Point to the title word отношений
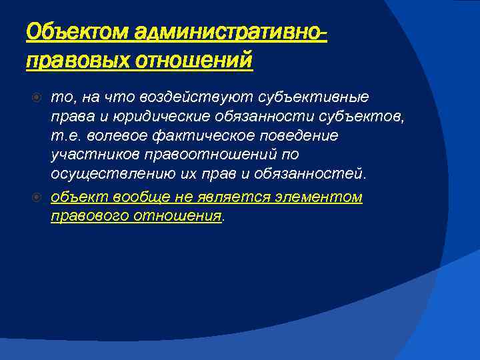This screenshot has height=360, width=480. [x=195, y=61]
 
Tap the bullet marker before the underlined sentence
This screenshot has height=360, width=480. [x=39, y=198]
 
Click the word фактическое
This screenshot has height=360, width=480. [x=182, y=136]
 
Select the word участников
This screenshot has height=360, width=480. [x=86, y=155]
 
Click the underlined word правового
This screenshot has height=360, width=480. [x=89, y=216]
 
